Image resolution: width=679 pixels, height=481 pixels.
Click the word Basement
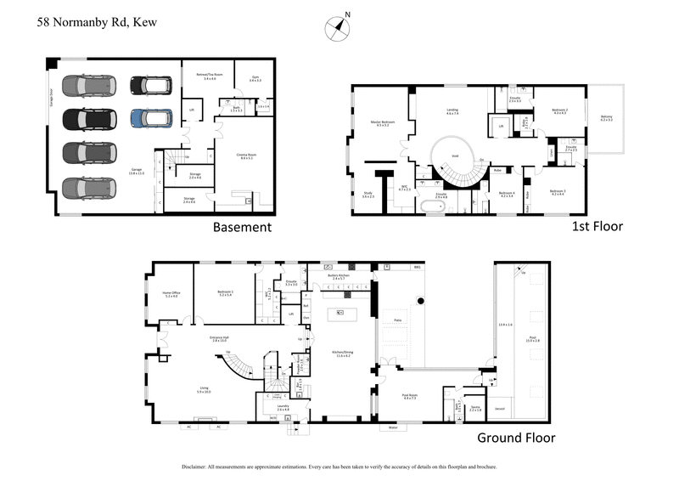pyautogui.click(x=242, y=227)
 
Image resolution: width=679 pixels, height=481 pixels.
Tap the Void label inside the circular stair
pyautogui.click(x=455, y=156)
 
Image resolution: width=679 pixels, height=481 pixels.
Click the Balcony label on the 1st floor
pyautogui.click(x=606, y=118)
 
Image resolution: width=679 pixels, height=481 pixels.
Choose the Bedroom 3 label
pyautogui.click(x=557, y=191)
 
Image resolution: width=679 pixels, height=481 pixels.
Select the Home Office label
pyautogui.click(x=171, y=293)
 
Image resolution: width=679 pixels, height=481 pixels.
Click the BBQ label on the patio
pyautogui.click(x=417, y=268)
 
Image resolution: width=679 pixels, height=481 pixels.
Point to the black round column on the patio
pyautogui.click(x=419, y=300)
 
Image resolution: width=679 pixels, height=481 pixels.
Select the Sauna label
pyautogui.click(x=475, y=409)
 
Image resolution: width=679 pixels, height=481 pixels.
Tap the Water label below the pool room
pyautogui.click(x=392, y=427)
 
